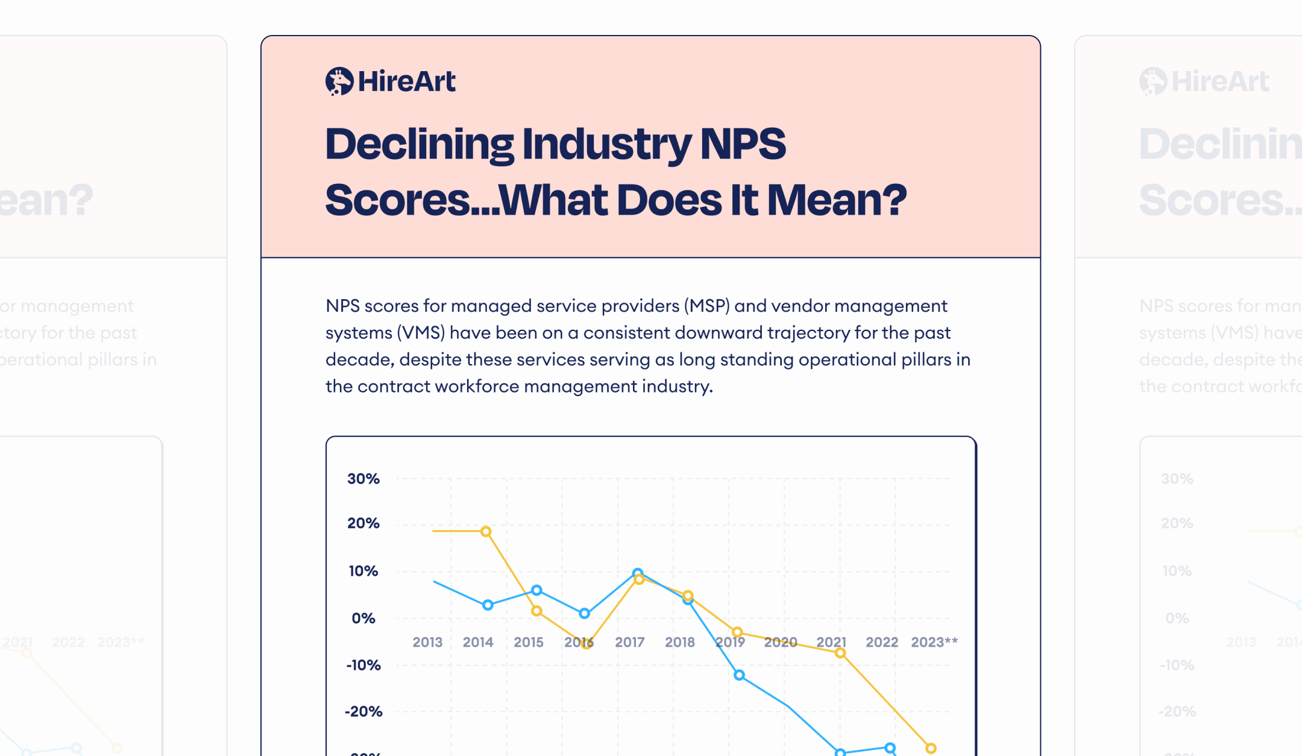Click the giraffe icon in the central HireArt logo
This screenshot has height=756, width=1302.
pyautogui.click(x=339, y=81)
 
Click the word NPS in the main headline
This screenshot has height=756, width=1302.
pyautogui.click(x=743, y=144)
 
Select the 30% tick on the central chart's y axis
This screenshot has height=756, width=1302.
pyautogui.click(x=363, y=479)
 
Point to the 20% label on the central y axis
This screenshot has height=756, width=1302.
pyautogui.click(x=363, y=523)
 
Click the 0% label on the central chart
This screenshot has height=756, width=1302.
pyautogui.click(x=363, y=618)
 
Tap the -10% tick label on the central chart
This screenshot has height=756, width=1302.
pyautogui.click(x=363, y=665)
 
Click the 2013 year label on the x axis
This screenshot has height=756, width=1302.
pyautogui.click(x=427, y=642)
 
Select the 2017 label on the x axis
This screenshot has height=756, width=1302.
pyautogui.click(x=629, y=642)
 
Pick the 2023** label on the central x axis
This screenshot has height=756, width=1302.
pyautogui.click(x=934, y=642)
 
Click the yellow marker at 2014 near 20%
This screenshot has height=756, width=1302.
pyautogui.click(x=486, y=532)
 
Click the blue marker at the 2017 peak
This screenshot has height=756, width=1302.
pyautogui.click(x=638, y=573)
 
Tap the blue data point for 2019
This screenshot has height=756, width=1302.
pyautogui.click(x=739, y=675)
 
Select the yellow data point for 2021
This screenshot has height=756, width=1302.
pyautogui.click(x=840, y=653)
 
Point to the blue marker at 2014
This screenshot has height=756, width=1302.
pyautogui.click(x=488, y=605)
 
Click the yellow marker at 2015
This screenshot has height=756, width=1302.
pyautogui.click(x=536, y=611)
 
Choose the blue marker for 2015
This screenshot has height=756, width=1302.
pyautogui.click(x=536, y=590)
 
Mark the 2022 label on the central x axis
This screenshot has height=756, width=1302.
pyautogui.click(x=881, y=642)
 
